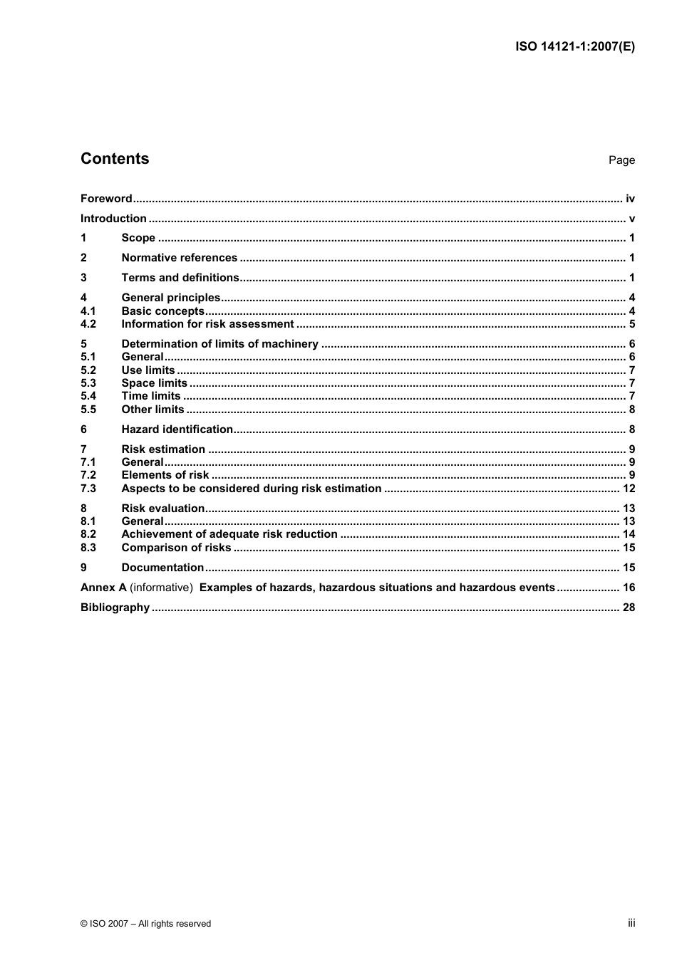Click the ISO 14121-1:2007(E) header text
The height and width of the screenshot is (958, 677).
pos(574,47)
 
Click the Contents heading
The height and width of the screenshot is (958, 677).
pos(115,159)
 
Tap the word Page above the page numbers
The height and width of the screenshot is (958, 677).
pos(621,160)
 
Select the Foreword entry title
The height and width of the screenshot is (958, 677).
pos(106,199)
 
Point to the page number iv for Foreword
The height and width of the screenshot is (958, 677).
pos(630,199)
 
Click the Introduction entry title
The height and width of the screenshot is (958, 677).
pos(113,219)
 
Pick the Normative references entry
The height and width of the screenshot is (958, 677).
pos(179,258)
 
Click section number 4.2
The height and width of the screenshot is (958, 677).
pos(88,324)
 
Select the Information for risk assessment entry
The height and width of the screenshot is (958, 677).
pos(207,324)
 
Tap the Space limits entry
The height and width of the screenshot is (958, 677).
pos(154,383)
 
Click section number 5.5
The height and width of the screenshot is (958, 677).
pos(88,410)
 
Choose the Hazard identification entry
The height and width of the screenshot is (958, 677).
pos(177,429)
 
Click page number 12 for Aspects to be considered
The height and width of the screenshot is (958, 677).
pos(629,489)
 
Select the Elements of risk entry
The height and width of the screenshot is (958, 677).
pos(165,475)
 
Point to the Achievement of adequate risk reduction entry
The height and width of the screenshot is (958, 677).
pos(229,534)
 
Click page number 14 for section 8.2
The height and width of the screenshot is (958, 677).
pos(629,534)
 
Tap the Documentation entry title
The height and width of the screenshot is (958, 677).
pos(162,568)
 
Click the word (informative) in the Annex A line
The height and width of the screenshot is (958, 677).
pos(161,588)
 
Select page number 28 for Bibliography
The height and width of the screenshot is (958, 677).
pos(629,608)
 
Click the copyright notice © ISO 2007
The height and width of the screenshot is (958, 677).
pos(145,924)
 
